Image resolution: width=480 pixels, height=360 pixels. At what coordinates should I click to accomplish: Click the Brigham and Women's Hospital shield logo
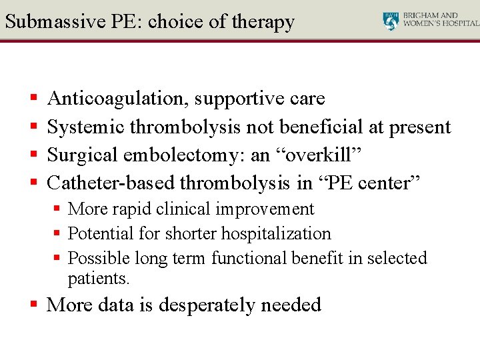391,21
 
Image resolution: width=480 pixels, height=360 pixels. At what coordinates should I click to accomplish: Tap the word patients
99,279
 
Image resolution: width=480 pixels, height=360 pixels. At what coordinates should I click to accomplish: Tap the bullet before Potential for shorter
58,234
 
